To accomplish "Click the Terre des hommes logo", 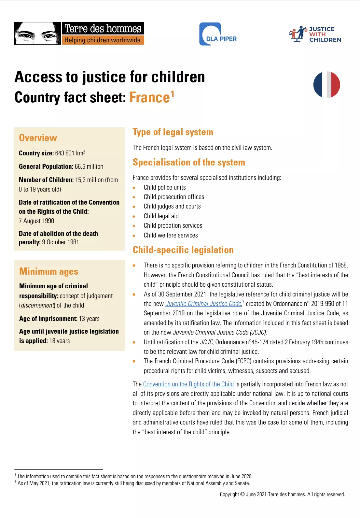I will [x=79, y=33].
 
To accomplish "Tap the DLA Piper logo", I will [x=218, y=34].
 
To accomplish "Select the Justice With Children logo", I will [x=315, y=34].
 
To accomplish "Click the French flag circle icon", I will [x=326, y=85].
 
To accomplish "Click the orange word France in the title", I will [x=150, y=97].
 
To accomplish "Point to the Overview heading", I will [x=38, y=138].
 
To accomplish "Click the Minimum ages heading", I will [x=49, y=271].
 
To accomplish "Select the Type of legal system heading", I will [x=173, y=132].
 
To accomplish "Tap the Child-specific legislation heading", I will [x=183, y=250].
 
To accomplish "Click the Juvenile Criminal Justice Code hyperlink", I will [x=203, y=304].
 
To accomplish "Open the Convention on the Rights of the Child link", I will [x=188, y=384].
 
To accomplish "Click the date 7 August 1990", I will [x=36, y=221].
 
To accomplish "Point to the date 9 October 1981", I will [x=61, y=242].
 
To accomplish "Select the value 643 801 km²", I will [x=70, y=153].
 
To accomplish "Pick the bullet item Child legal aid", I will [x=161, y=216].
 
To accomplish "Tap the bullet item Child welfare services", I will [x=171, y=235].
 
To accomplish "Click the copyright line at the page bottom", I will [x=282, y=494].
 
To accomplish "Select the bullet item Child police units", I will [x=165, y=187].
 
